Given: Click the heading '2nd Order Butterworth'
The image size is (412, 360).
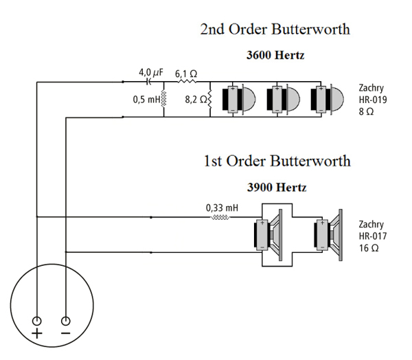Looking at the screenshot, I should [275, 30].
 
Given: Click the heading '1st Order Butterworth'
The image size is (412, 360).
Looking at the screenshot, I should [277, 161].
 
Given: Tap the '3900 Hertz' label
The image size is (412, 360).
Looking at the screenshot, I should [277, 186].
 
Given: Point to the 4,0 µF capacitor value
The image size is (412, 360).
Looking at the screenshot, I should [151, 72].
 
